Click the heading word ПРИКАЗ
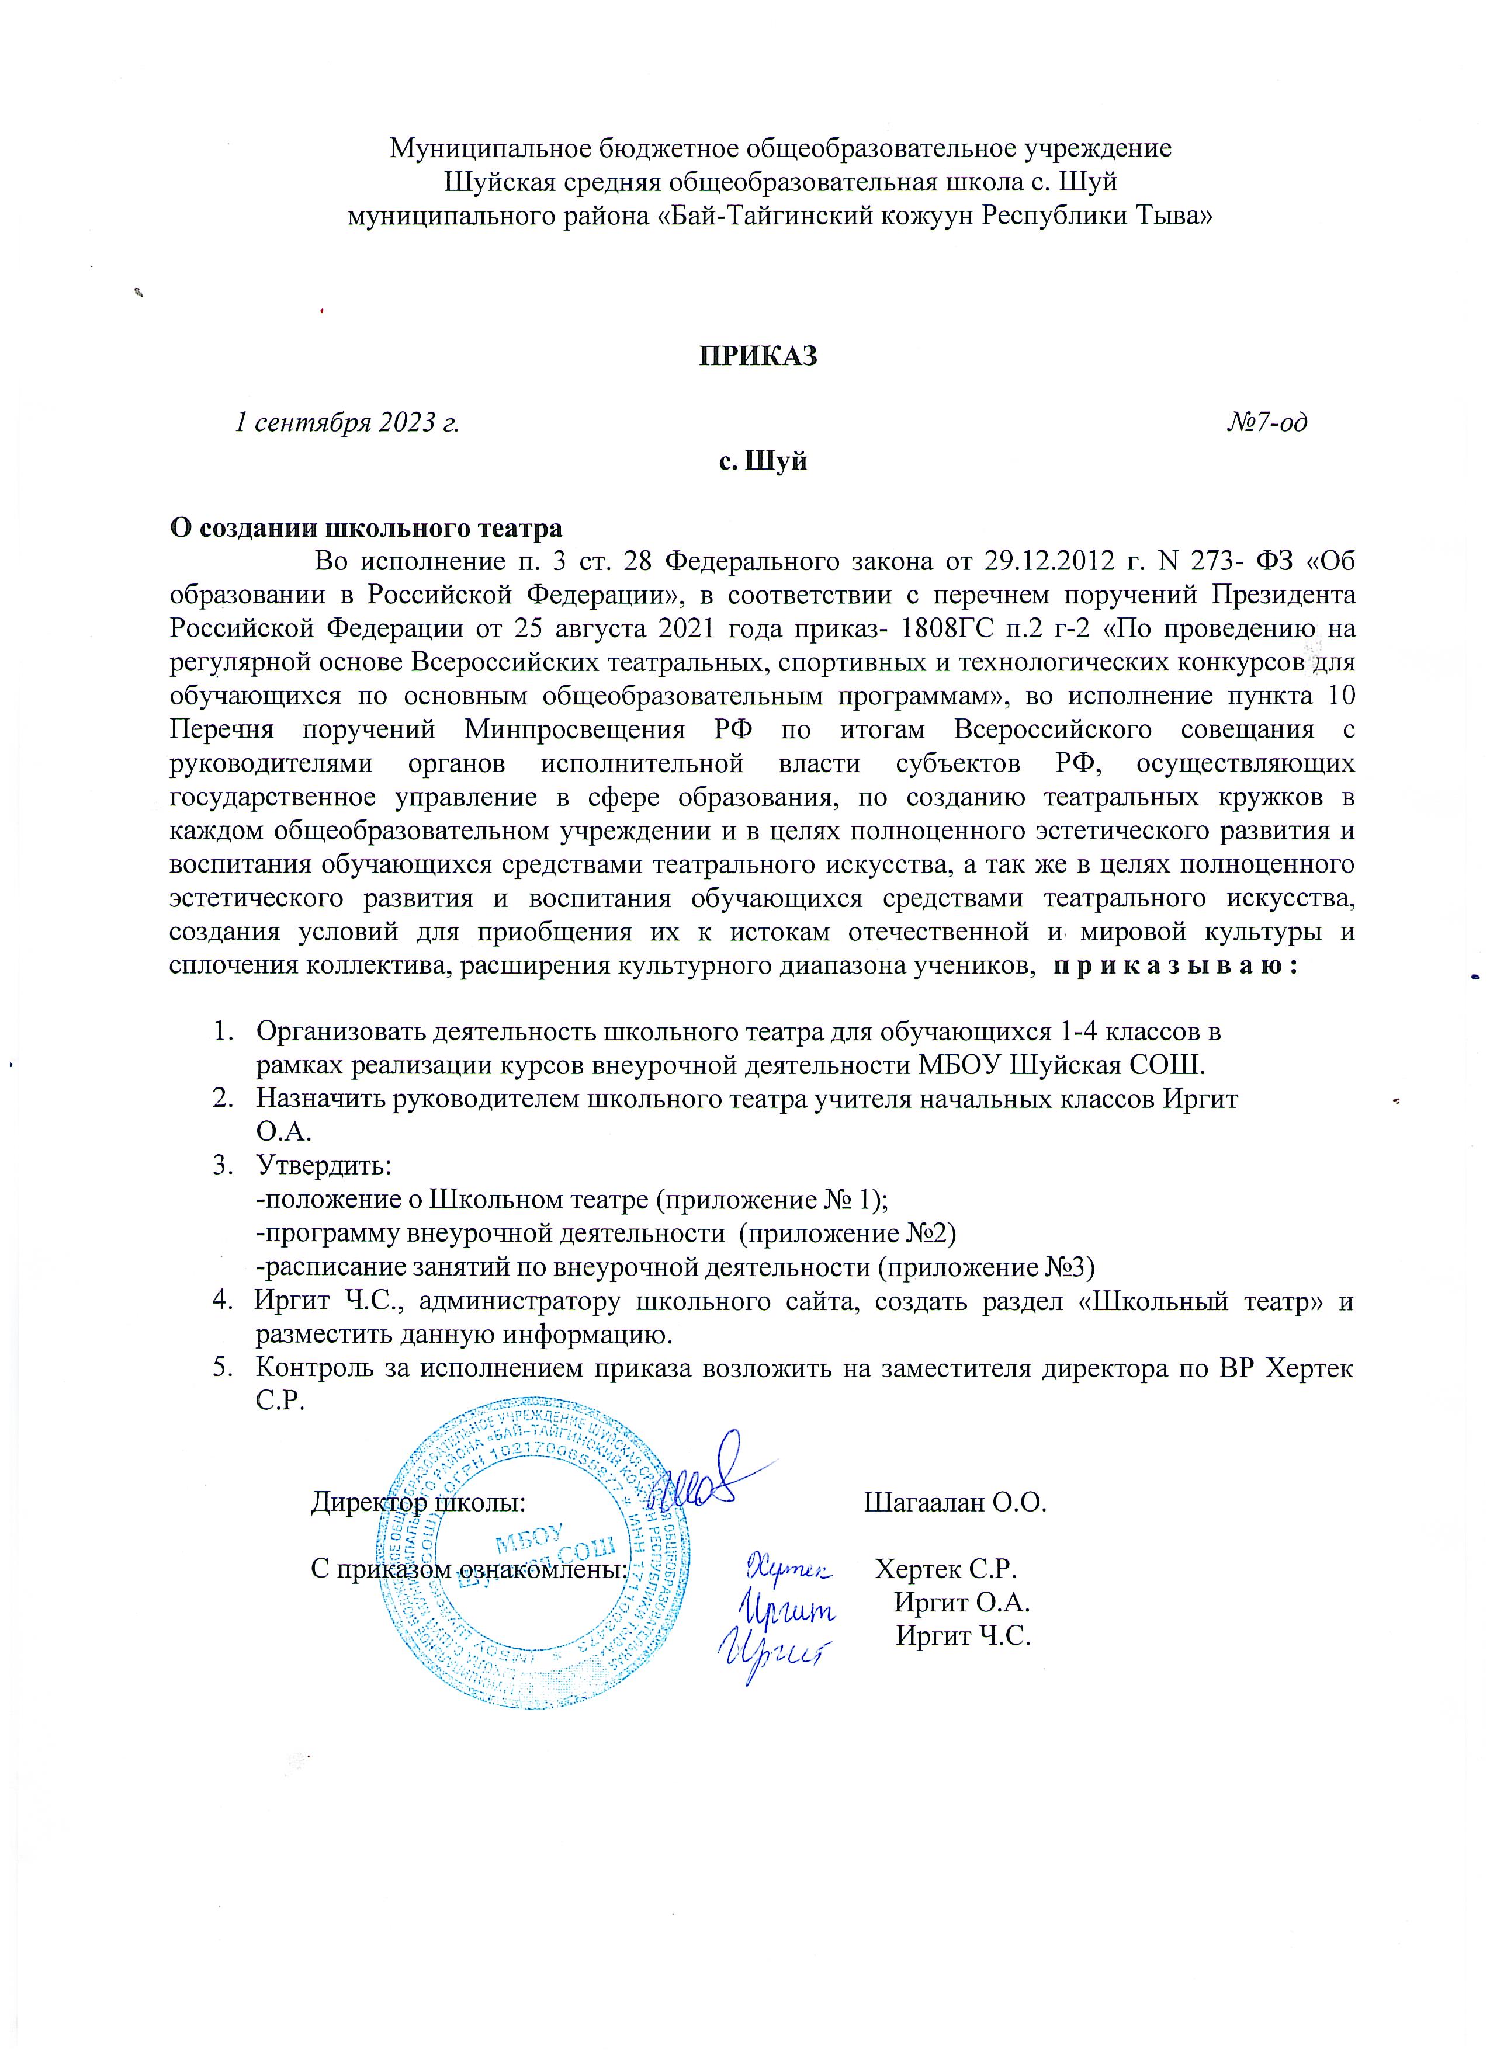[758, 356]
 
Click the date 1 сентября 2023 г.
[346, 422]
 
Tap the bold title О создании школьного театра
[366, 529]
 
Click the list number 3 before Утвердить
[221, 1166]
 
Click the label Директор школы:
[418, 1503]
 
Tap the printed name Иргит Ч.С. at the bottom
[964, 1636]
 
